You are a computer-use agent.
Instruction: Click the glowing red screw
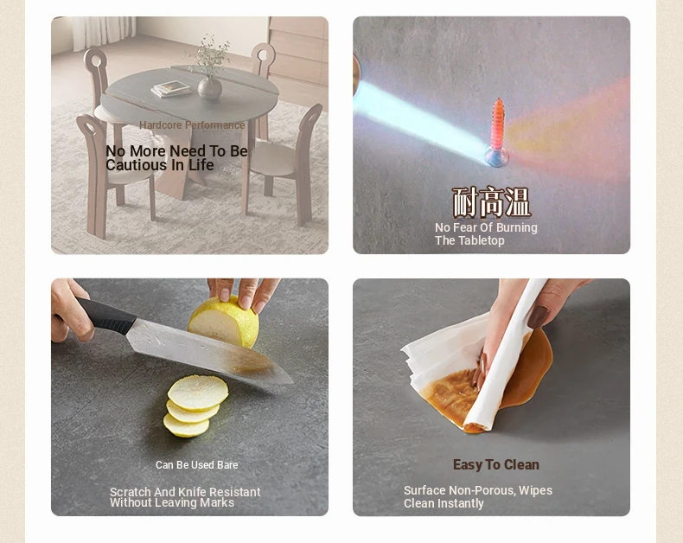[x=498, y=131]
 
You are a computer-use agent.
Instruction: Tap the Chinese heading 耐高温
[x=491, y=202]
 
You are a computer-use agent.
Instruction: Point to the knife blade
[x=209, y=350]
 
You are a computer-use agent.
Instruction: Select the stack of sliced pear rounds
[x=195, y=406]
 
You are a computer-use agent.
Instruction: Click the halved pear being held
[x=224, y=322]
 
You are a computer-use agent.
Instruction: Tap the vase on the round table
[x=209, y=86]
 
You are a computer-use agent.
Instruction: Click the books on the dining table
[x=171, y=88]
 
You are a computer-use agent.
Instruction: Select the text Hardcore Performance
[x=192, y=125]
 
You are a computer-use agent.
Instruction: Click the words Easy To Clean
[x=496, y=464]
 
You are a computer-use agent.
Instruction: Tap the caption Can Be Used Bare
[x=197, y=465]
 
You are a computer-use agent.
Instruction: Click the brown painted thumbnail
[x=539, y=316]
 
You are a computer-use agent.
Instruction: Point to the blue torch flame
[x=418, y=118]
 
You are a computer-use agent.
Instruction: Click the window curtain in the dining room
[x=104, y=32]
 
